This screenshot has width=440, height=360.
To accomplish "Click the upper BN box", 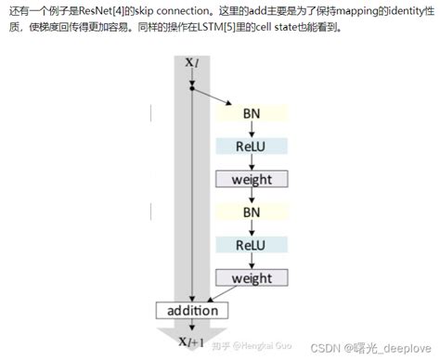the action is pyautogui.click(x=252, y=113).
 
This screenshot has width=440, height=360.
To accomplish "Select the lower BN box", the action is pyautogui.click(x=252, y=212).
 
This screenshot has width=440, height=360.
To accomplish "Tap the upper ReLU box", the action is pyautogui.click(x=252, y=146).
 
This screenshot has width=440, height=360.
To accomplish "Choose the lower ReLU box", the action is pyautogui.click(x=252, y=245).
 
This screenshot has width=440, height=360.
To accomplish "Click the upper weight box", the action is pyautogui.click(x=252, y=178).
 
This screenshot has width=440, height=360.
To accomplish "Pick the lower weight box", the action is pyautogui.click(x=252, y=277).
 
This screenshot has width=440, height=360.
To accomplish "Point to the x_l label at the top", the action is pyautogui.click(x=191, y=63).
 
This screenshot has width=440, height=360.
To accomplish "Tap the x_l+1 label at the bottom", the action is pyautogui.click(x=191, y=344).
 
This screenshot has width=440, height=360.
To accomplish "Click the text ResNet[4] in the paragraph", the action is pyautogui.click(x=110, y=11).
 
